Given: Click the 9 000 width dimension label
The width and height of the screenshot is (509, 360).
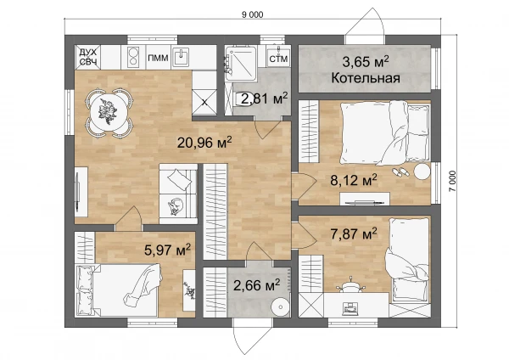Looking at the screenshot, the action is (252, 14).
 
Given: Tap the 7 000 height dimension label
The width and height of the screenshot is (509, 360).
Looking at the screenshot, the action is (452, 182).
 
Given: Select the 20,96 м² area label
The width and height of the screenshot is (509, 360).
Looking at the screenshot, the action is (204, 143).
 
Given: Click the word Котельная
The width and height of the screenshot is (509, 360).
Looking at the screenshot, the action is (366, 78).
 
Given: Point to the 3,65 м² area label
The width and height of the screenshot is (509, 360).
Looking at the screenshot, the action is (366, 61).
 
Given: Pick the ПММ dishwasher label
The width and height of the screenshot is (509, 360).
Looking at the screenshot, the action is (158, 58).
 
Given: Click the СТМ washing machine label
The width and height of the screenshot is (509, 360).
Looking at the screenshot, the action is (278, 59).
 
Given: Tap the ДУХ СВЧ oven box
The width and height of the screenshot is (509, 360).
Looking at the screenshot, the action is (87, 57).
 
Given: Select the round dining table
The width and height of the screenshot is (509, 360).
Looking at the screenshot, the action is (108, 112).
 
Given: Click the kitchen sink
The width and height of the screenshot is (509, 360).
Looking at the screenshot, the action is (181, 57).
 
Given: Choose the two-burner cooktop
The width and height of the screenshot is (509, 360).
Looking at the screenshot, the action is (133, 57).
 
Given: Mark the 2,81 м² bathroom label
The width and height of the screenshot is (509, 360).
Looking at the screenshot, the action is (265, 98).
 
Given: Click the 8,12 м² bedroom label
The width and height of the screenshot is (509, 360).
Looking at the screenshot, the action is (354, 180).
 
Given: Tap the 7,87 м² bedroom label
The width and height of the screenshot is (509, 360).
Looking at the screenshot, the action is (354, 233).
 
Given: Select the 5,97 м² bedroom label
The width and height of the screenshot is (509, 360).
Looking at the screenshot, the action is (167, 250).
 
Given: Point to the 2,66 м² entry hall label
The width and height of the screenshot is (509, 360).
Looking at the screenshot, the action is (257, 285).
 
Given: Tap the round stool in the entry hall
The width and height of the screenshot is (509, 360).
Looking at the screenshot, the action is (280, 307).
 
